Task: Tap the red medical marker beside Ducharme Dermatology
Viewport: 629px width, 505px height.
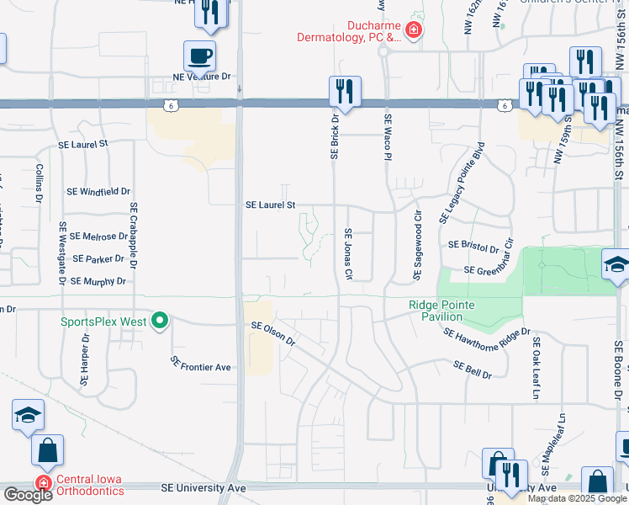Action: click(x=413, y=31)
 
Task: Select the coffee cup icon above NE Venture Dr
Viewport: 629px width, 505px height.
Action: click(x=199, y=56)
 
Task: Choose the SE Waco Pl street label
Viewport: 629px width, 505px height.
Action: click(x=388, y=137)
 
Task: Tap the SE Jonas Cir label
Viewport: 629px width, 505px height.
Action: click(x=346, y=255)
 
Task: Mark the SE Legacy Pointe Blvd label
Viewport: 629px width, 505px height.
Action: click(x=462, y=183)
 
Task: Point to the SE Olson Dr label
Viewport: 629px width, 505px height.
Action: click(x=273, y=333)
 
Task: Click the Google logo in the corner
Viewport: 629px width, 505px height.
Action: click(x=27, y=495)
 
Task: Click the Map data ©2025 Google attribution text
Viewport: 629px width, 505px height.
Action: click(x=577, y=498)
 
